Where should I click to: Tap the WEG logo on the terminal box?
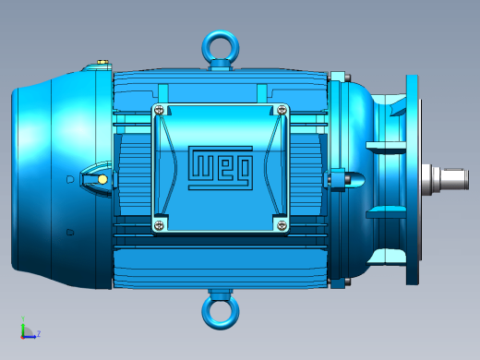pyautogui.click(x=221, y=168)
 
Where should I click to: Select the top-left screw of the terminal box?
pyautogui.click(x=159, y=110)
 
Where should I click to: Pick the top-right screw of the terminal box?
pyautogui.click(x=282, y=110)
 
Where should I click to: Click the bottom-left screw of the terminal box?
pyautogui.click(x=159, y=225)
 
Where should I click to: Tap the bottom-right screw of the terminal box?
pyautogui.click(x=282, y=225)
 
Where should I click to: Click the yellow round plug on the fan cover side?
pyautogui.click(x=102, y=179)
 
